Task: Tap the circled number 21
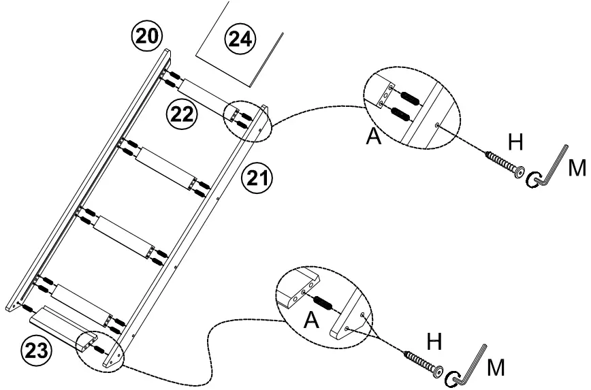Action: [256, 180]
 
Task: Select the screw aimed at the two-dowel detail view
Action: [505, 165]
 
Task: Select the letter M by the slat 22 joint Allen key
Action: [577, 167]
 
